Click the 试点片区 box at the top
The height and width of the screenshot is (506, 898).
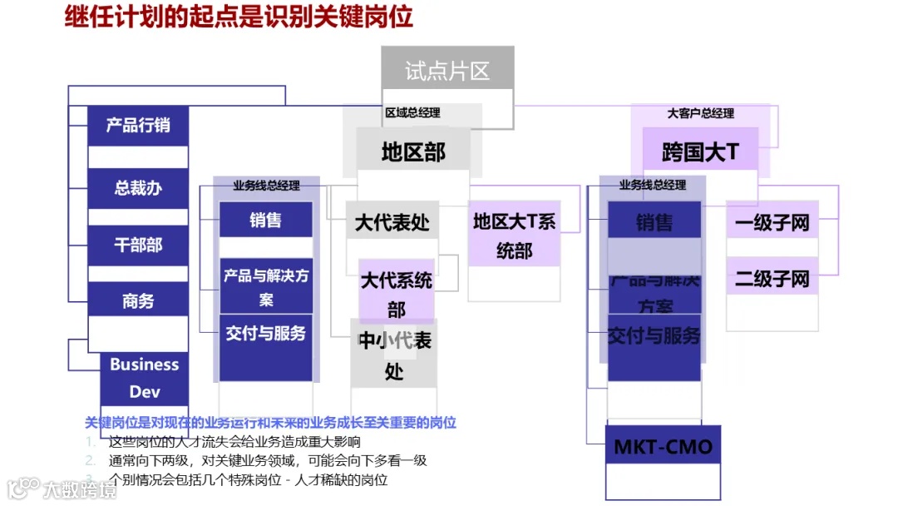click(447, 71)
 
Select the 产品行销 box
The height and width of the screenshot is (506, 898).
click(138, 126)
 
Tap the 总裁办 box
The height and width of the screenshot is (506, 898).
click(138, 188)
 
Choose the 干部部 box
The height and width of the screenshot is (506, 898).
click(138, 246)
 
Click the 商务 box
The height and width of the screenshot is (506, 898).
click(138, 301)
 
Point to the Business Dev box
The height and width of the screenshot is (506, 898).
click(144, 378)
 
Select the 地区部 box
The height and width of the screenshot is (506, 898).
click(413, 151)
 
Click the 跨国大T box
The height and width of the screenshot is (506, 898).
click(700, 151)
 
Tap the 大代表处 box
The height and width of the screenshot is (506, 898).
click(392, 223)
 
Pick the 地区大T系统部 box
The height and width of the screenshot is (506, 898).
click(514, 236)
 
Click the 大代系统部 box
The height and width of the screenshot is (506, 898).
click(397, 294)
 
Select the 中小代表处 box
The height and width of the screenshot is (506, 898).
click(394, 355)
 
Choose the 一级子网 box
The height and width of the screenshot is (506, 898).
click(772, 222)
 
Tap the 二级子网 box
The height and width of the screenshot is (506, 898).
click(772, 278)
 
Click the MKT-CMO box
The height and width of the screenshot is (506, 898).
click(663, 447)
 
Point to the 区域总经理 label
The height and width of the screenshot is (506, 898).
click(412, 113)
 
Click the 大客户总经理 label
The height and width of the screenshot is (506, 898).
click(701, 113)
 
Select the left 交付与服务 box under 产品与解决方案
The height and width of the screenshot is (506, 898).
click(266, 334)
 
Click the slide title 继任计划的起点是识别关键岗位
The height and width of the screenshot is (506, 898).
click(239, 17)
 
